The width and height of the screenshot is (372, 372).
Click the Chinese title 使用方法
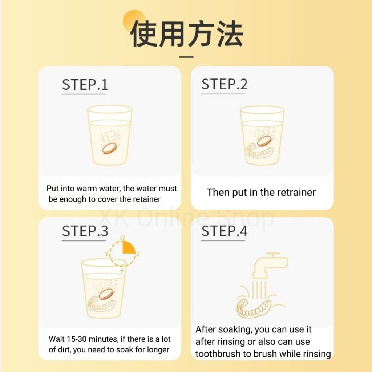[187, 34]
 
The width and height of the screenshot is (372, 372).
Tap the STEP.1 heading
[85, 84]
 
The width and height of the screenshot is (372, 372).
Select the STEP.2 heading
[224, 84]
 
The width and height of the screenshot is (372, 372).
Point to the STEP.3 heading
[85, 231]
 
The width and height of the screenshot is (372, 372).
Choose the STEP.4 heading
[224, 231]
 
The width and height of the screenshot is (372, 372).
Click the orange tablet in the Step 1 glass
[110, 149]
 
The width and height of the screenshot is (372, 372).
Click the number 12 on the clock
[122, 238]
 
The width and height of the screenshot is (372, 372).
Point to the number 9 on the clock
[106, 254]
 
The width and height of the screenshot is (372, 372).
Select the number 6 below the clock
[122, 271]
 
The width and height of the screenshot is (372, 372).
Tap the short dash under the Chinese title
[186, 57]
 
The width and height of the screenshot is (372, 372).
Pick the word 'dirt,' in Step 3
[64, 350]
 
